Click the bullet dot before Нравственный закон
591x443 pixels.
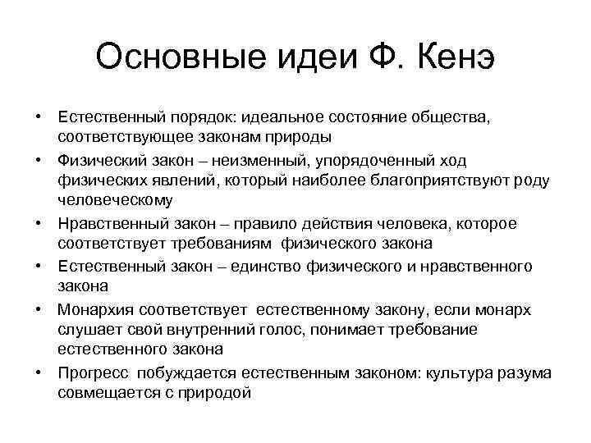(x=39, y=222)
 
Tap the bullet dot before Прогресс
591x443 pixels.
(x=39, y=372)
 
